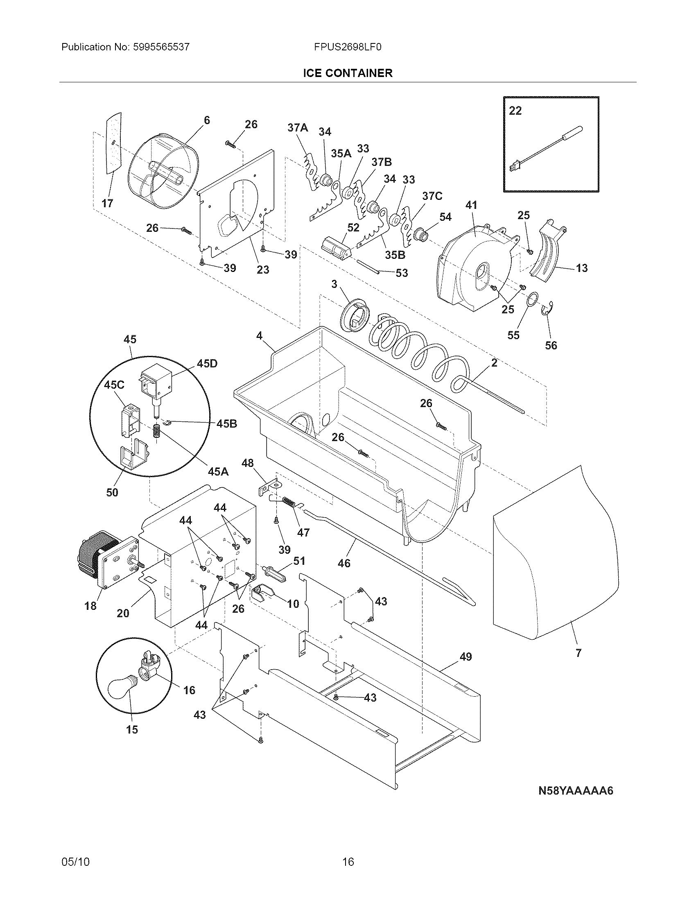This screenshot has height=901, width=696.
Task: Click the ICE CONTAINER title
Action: pyautogui.click(x=348, y=73)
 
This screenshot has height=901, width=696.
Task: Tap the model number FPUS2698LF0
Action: pyautogui.click(x=348, y=47)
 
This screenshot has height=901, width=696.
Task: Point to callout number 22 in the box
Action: pyautogui.click(x=515, y=111)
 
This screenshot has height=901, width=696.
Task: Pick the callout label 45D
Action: pyautogui.click(x=207, y=363)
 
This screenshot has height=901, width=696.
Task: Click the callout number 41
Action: pyautogui.click(x=471, y=205)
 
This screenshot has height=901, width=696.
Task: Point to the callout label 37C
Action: pyautogui.click(x=432, y=195)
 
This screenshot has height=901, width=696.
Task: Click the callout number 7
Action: pyautogui.click(x=578, y=653)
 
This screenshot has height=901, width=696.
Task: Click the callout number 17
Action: pyautogui.click(x=108, y=204)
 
